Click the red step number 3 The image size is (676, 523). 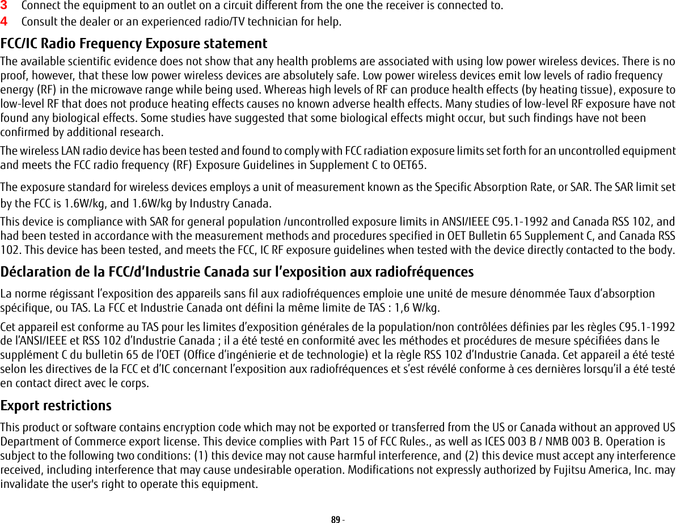pos(4,6)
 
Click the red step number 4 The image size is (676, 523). pos(4,23)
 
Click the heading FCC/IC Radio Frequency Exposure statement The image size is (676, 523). pos(134,44)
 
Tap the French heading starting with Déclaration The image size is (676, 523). pos(237,272)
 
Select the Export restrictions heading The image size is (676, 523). pos(56,406)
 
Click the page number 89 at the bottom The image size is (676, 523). pos(335,519)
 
